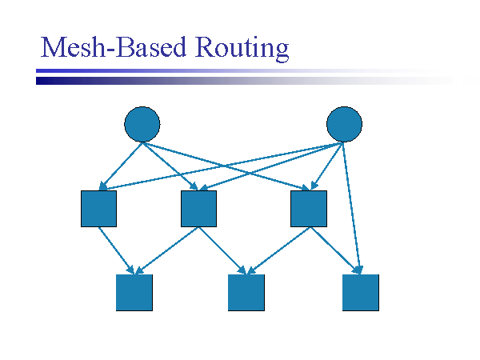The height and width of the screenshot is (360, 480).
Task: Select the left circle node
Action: point(142,124)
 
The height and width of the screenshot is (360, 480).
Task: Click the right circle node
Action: point(345,124)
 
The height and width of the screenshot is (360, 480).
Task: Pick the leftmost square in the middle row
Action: point(99,209)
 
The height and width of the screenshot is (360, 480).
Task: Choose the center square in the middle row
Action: point(198,209)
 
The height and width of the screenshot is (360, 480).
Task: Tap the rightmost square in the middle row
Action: point(309,209)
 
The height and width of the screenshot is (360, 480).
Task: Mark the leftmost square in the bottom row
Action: point(134,292)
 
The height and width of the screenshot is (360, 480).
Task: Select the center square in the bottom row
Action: point(246,292)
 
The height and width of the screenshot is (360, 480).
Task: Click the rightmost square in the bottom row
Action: point(360,292)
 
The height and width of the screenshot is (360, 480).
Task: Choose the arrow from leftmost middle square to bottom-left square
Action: point(117,250)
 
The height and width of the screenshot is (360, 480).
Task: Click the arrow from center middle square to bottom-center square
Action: point(222,250)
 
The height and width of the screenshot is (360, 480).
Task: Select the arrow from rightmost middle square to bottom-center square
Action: point(280,250)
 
